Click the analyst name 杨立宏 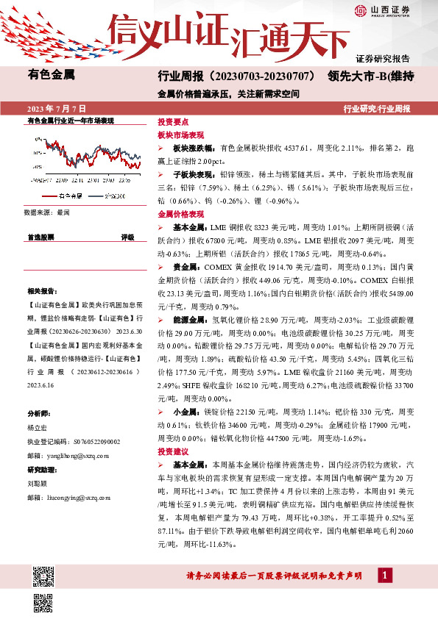38,427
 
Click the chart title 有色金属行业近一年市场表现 71,119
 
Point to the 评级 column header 128,237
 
